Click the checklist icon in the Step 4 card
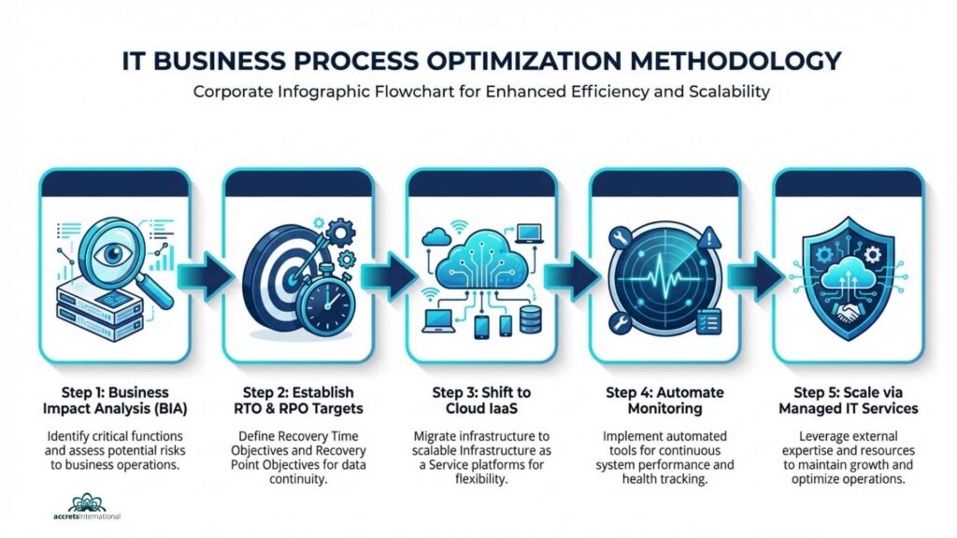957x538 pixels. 708,321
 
